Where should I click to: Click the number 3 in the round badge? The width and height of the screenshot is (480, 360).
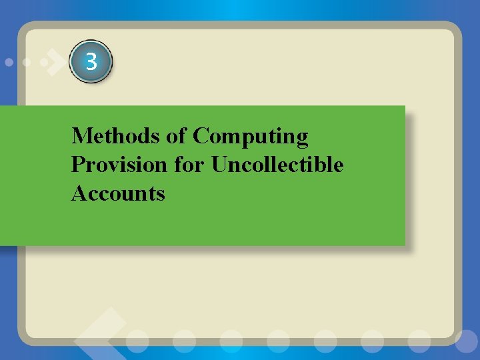[x=91, y=63]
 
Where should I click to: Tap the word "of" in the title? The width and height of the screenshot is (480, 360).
[x=177, y=136]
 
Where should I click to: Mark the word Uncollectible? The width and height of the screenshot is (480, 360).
[x=277, y=165]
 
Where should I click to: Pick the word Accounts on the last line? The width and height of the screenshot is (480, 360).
[x=118, y=193]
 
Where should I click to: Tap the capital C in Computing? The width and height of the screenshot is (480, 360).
[x=200, y=136]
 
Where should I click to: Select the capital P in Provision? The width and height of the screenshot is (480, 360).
[x=77, y=165]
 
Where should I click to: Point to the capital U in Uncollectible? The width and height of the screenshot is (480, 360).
[x=219, y=165]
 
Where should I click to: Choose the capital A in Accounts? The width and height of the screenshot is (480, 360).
[x=79, y=193]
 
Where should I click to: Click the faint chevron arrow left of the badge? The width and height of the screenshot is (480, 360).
[x=53, y=63]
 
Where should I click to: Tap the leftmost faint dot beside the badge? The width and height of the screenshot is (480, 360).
[x=9, y=62]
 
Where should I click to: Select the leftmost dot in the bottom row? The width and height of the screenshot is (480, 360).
[x=138, y=339]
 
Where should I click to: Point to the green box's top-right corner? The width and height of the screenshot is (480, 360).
[x=405, y=106]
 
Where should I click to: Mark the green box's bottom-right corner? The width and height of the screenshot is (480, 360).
[x=405, y=245]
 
